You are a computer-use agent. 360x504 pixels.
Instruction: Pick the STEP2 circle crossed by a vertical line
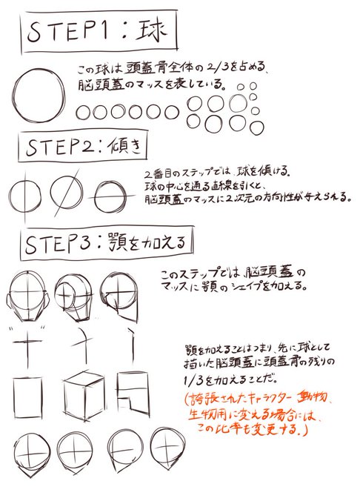[x=27, y=195]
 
